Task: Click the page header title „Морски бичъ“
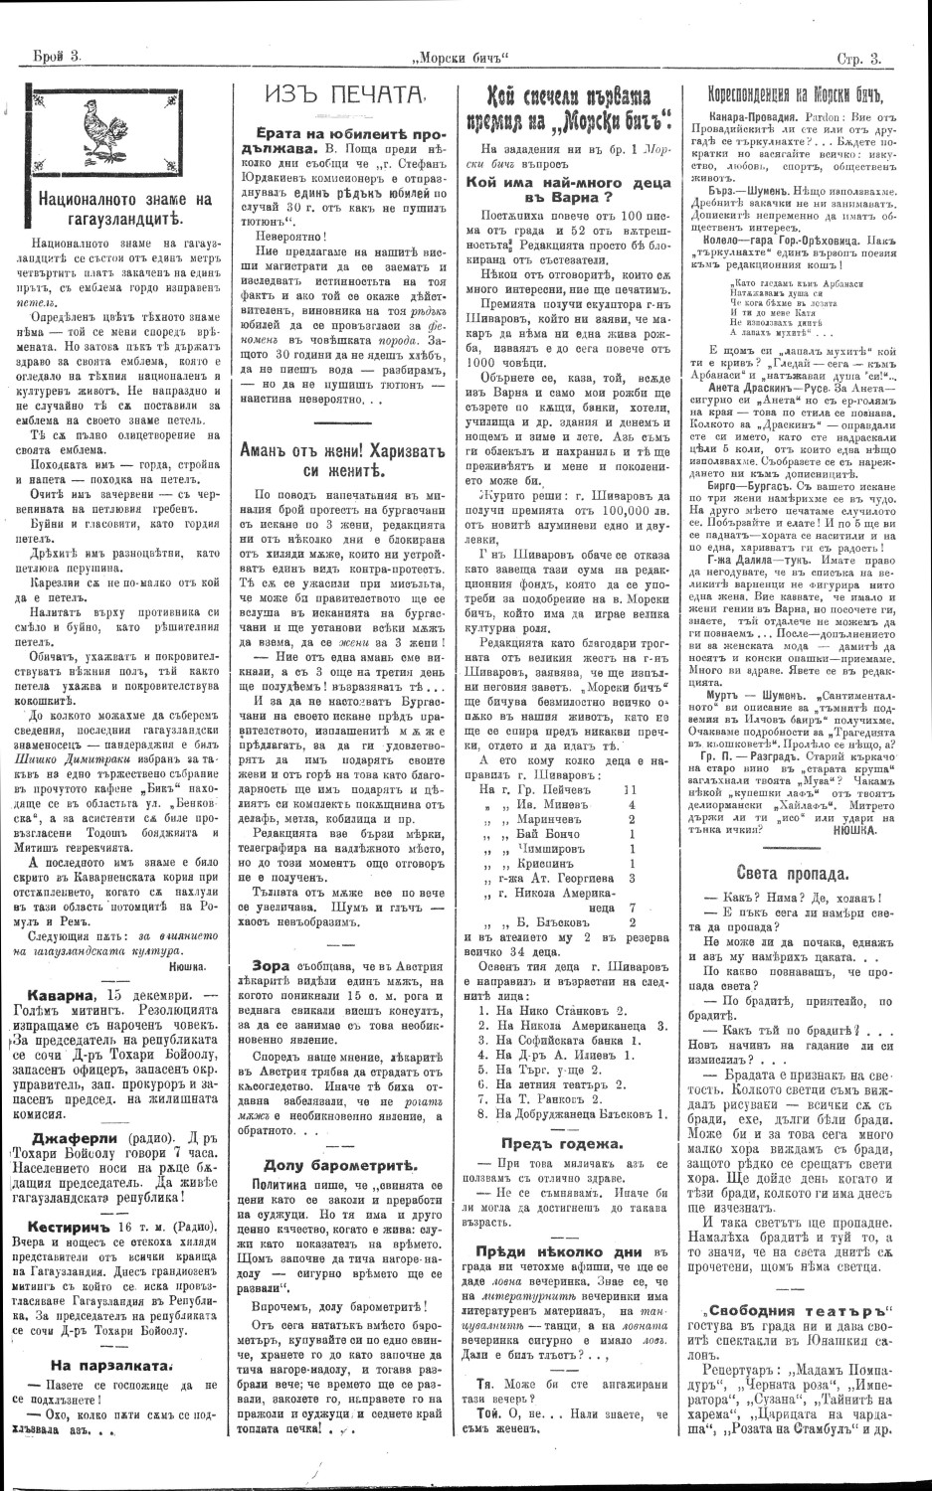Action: (x=466, y=59)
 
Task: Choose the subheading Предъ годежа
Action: (x=564, y=1143)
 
